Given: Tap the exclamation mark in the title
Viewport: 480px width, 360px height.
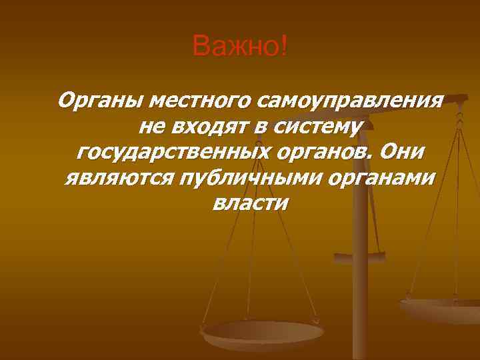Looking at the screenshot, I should [x=285, y=47].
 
